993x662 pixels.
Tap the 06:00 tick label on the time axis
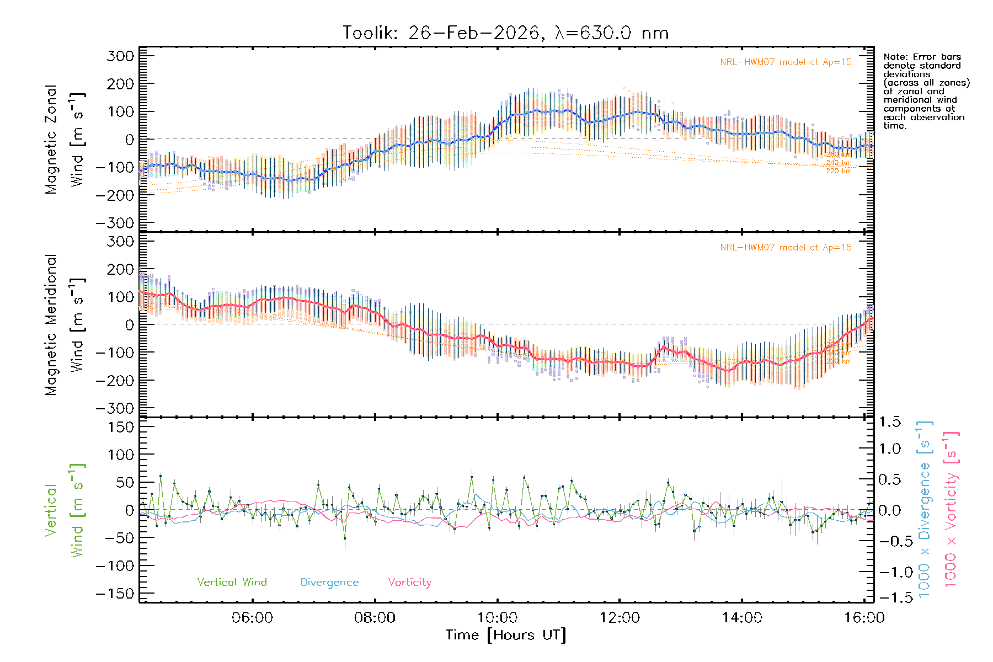(252, 618)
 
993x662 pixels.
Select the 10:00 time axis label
(497, 618)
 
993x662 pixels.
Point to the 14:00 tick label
(742, 618)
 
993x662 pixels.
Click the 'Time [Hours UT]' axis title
(506, 636)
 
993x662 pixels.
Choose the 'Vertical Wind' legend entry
(232, 582)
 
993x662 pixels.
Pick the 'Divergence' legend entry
(329, 582)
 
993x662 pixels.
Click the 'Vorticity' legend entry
(409, 582)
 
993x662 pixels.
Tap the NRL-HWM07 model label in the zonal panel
(786, 62)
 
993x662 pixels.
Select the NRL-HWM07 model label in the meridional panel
(786, 248)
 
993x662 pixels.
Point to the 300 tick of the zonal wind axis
(121, 56)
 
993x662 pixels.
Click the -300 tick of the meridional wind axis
(115, 408)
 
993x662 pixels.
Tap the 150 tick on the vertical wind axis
(121, 427)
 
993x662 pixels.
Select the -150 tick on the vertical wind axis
(115, 594)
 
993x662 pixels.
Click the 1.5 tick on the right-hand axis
(889, 422)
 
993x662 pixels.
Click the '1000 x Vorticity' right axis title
(951, 509)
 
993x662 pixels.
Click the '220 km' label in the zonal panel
(839, 171)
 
